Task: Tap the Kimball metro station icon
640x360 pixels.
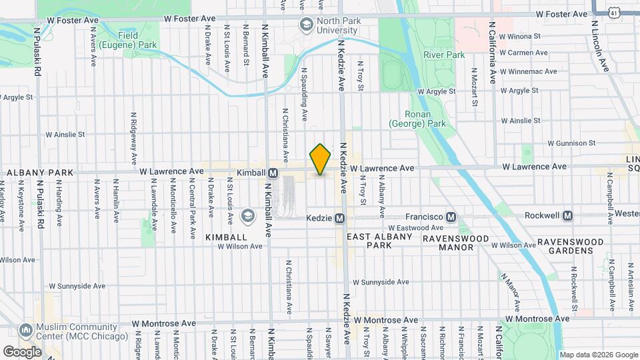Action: (273, 173)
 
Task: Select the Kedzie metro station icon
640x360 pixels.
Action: (339, 218)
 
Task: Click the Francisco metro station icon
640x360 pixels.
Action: (451, 217)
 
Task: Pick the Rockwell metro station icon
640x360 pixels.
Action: (567, 216)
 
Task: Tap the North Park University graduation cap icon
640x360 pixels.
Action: (306, 25)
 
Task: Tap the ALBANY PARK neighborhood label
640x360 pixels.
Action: (40, 173)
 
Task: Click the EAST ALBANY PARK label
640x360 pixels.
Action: (377, 241)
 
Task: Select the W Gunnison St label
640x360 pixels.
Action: (571, 143)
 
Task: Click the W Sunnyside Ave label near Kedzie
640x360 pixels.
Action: (379, 282)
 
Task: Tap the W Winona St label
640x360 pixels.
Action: (524, 36)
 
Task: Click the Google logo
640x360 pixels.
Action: (22, 351)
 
